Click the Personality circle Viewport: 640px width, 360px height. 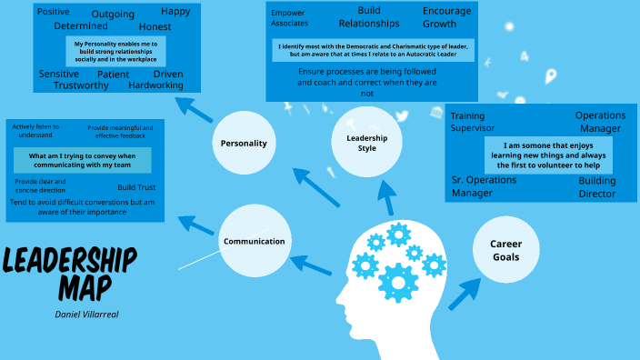pyautogui.click(x=244, y=144)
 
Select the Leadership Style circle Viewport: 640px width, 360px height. pyautogui.click(x=361, y=143)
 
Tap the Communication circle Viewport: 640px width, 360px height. pyautogui.click(x=254, y=241)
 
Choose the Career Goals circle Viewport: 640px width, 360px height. pyautogui.click(x=506, y=250)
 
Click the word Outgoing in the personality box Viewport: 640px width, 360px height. pyautogui.click(x=113, y=15)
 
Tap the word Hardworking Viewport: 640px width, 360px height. pyautogui.click(x=155, y=85)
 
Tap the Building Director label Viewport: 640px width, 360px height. pyautogui.click(x=596, y=187)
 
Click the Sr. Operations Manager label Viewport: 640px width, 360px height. pyautogui.click(x=485, y=186)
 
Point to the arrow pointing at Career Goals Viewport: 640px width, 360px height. pyautogui.click(x=464, y=294)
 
